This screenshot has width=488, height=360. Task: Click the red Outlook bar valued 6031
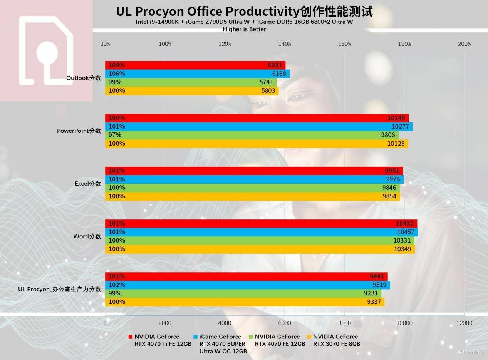[195, 65]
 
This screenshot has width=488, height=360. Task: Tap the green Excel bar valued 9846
[252, 188]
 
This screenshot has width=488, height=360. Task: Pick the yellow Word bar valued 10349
[260, 249]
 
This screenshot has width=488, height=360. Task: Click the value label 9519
[379, 285]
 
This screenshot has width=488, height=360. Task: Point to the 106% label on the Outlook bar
[117, 74]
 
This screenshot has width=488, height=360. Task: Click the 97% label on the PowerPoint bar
[115, 135]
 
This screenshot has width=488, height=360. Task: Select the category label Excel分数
[88, 184]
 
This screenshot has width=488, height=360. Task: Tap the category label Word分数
[87, 236]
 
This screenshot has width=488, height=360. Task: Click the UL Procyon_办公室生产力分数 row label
[59, 289]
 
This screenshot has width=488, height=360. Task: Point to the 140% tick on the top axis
[285, 44]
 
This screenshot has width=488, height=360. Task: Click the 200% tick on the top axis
[464, 44]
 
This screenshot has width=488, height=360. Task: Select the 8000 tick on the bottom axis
[344, 323]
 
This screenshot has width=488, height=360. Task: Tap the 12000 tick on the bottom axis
[464, 323]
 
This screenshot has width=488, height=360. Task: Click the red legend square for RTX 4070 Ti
[131, 337]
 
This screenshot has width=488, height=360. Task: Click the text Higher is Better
[244, 29]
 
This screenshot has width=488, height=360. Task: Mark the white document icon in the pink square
[47, 50]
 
